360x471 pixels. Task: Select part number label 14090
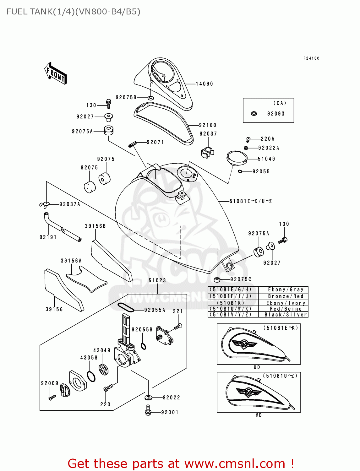(x=204, y=84)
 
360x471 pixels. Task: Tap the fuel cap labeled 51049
(x=237, y=158)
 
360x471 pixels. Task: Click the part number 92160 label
(x=208, y=125)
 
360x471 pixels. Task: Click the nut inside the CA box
(x=254, y=113)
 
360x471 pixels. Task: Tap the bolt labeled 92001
(x=148, y=410)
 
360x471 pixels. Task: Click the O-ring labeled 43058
(x=91, y=376)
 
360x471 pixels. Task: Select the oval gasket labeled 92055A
(x=126, y=307)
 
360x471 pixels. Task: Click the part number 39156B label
(x=95, y=226)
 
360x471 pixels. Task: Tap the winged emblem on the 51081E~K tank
(x=244, y=344)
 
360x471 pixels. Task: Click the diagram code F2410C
(x=311, y=58)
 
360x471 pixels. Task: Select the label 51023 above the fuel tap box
(x=157, y=280)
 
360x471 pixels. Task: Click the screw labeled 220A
(x=248, y=139)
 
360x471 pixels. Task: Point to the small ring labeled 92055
(x=240, y=171)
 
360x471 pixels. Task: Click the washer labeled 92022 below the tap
(x=148, y=398)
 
